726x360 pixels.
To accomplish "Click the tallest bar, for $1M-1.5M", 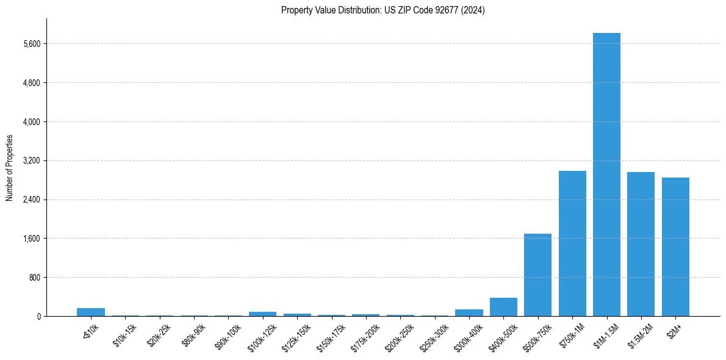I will pyautogui.click(x=606, y=175).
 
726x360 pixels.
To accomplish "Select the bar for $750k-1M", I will pyautogui.click(x=572, y=243).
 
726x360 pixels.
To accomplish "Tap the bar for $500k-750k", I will pyautogui.click(x=537, y=275).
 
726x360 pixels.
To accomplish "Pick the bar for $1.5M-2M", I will pyautogui.click(x=641, y=244).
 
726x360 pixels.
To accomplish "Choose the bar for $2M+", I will pyautogui.click(x=675, y=247).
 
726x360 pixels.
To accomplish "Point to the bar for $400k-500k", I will pyautogui.click(x=503, y=307).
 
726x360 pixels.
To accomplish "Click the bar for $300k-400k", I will pyautogui.click(x=469, y=312).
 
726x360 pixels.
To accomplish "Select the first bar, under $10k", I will pyautogui.click(x=91, y=312).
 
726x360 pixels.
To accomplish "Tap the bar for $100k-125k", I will pyautogui.click(x=263, y=314).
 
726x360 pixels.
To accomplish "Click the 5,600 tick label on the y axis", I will pyautogui.click(x=31, y=44).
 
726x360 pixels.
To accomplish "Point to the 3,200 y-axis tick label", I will pyautogui.click(x=31, y=160).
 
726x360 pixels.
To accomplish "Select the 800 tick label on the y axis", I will pyautogui.click(x=34, y=278).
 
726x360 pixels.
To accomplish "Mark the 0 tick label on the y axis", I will pyautogui.click(x=38, y=316).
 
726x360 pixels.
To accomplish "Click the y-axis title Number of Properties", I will pyautogui.click(x=9, y=168).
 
